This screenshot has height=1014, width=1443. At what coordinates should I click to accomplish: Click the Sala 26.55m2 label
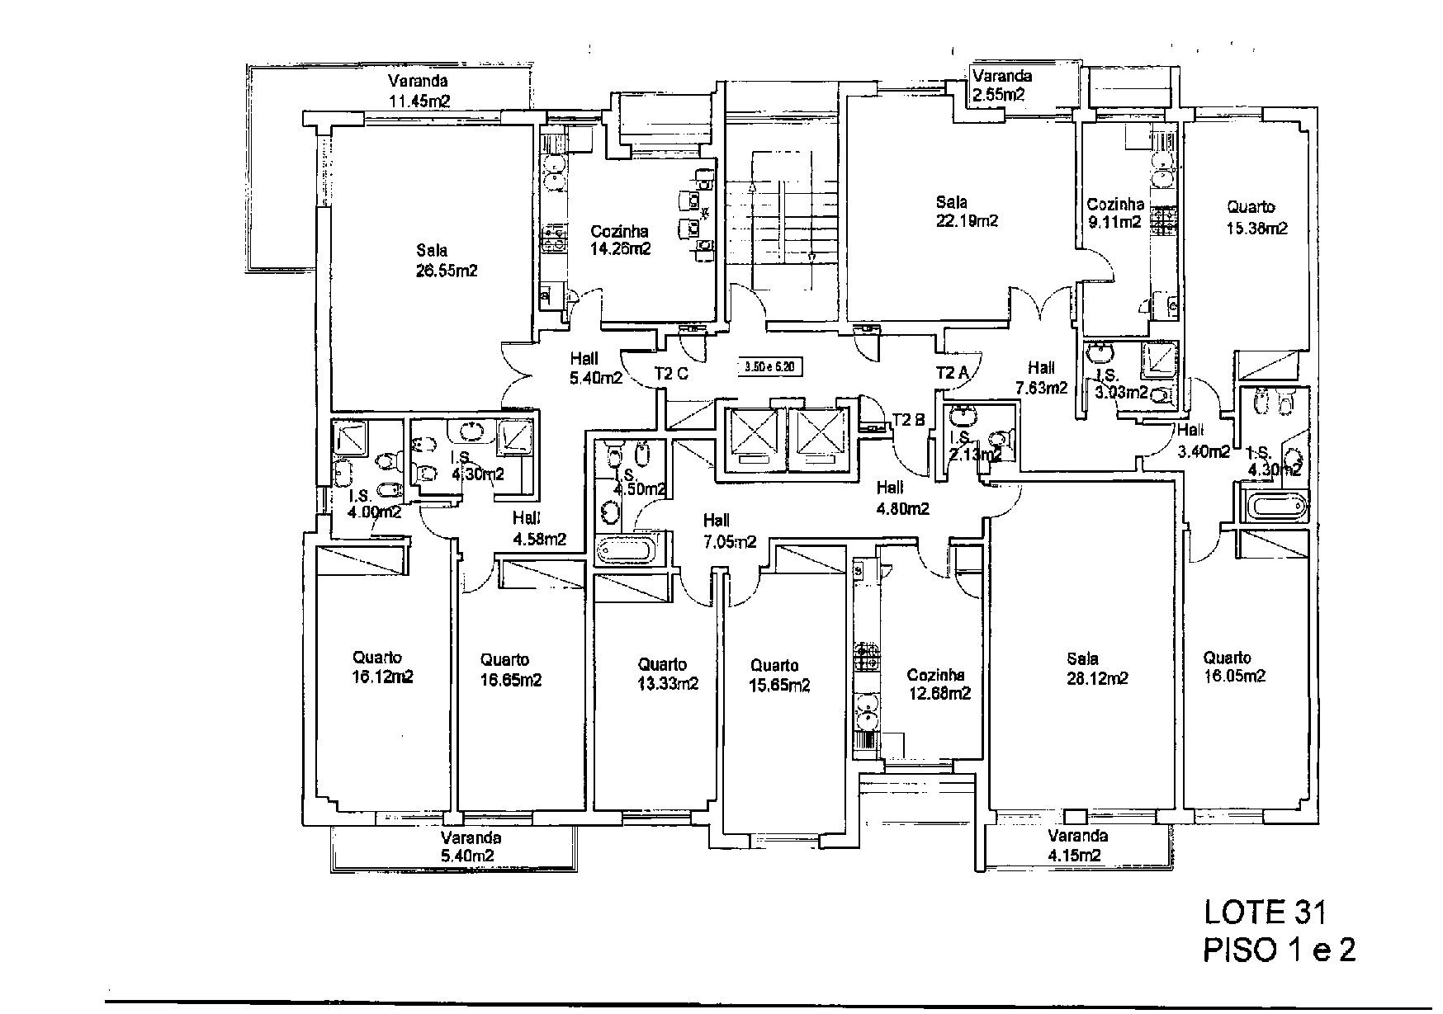click(x=447, y=260)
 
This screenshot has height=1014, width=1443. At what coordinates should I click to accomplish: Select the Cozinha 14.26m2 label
click(x=620, y=240)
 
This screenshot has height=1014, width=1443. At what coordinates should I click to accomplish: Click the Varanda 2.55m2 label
click(x=1001, y=85)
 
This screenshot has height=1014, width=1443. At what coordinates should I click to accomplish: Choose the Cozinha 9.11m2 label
click(x=1114, y=213)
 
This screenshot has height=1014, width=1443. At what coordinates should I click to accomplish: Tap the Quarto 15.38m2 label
click(x=1256, y=218)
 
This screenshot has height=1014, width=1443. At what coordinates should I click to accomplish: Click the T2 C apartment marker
click(x=671, y=374)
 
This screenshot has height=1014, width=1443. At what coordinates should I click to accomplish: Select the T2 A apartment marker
click(x=952, y=373)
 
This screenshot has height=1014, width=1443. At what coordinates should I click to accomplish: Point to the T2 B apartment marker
click(x=908, y=419)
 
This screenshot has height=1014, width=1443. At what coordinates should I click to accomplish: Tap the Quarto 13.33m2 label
click(x=662, y=673)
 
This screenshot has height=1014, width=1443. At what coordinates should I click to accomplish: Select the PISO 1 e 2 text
click(x=1278, y=950)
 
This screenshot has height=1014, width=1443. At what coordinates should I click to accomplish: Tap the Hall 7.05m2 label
click(x=729, y=531)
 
